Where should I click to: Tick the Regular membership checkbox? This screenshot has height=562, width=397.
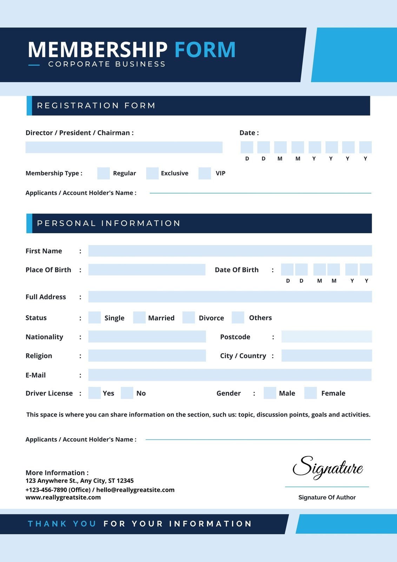point(104,174)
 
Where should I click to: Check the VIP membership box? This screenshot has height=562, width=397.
point(205,174)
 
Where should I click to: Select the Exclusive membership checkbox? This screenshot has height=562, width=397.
point(152,174)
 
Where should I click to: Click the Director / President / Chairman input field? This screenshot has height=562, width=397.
point(124,147)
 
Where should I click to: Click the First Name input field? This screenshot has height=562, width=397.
point(230,251)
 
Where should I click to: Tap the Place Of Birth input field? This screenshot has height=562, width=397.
point(147,270)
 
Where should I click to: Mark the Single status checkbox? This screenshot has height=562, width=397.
point(94,318)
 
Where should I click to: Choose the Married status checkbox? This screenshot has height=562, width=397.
point(139,318)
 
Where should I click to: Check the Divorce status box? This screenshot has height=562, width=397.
point(188,318)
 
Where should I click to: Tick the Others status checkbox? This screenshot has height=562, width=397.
point(238,318)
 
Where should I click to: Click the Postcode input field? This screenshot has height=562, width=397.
point(326,336)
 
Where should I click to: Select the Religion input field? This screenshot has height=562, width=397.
point(147,355)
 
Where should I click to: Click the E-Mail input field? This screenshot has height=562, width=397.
point(230,375)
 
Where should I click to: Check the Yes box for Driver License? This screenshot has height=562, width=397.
point(94,393)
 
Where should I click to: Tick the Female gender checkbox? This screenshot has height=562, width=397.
point(311,393)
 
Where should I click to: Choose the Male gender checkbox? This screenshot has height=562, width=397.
point(270,393)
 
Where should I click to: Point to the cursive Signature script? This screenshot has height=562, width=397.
point(327,468)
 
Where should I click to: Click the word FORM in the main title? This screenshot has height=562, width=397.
point(205,50)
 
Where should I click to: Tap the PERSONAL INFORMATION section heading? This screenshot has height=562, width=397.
point(108,223)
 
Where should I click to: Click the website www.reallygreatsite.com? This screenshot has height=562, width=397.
point(63,497)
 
